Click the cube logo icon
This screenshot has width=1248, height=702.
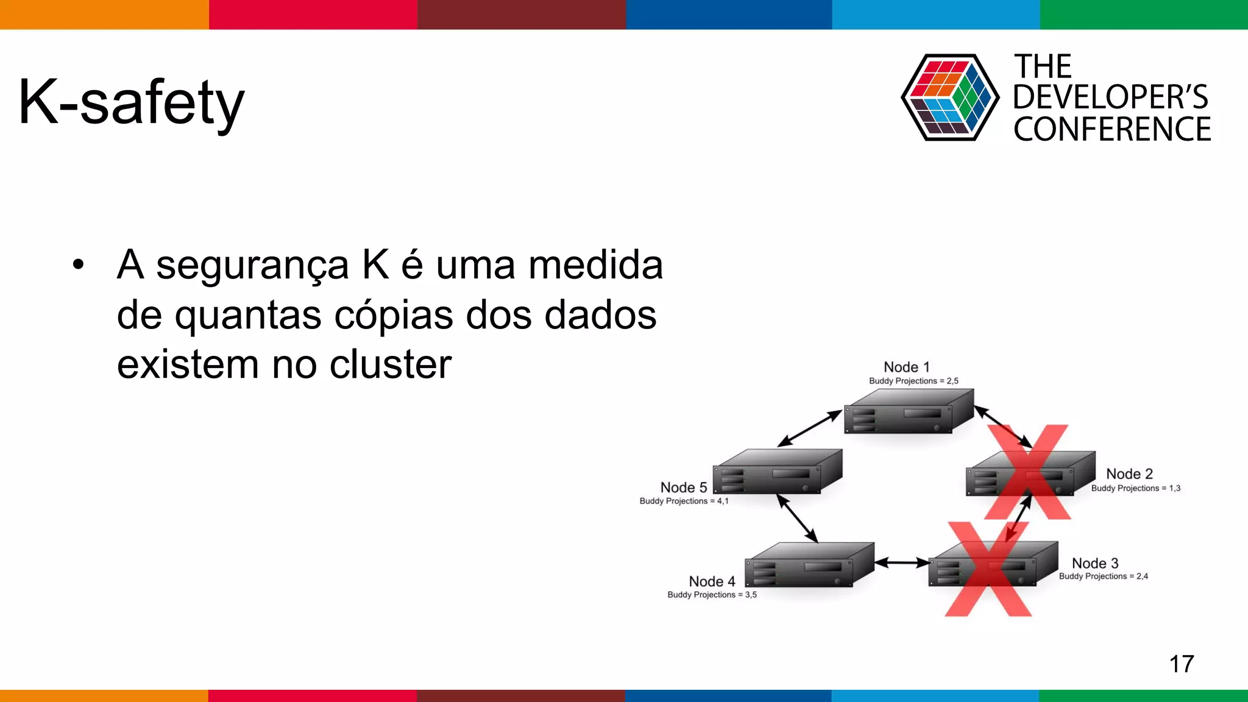949,97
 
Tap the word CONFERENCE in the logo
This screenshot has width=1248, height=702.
1111,129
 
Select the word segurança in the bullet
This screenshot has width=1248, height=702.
252,266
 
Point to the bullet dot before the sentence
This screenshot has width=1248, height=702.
78,265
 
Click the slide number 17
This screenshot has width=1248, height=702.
1181,664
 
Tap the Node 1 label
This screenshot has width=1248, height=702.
907,367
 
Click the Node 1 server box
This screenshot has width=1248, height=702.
908,412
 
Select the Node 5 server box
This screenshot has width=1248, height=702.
777,472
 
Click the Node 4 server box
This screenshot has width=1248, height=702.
809,565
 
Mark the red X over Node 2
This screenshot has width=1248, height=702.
1028,472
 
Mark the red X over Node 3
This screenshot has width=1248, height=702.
988,569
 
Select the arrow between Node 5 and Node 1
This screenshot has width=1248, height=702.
809,429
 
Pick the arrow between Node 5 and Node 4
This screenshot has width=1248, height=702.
796,518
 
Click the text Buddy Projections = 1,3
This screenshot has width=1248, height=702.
1135,488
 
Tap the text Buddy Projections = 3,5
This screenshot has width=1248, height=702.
712,595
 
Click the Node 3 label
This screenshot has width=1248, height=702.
1095,563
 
